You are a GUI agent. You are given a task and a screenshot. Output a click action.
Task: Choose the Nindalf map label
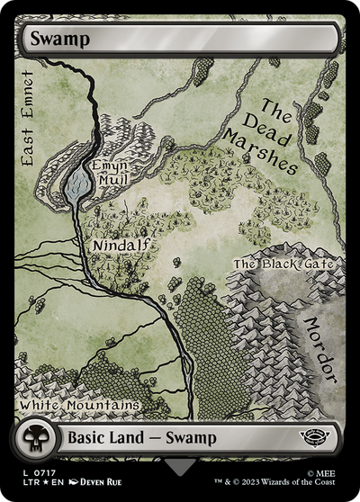pyautogui.click(x=121, y=244)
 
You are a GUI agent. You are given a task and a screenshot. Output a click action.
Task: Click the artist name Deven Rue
pyautogui.click(x=106, y=482)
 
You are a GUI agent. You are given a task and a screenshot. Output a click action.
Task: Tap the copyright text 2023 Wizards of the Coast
pyautogui.click(x=292, y=482)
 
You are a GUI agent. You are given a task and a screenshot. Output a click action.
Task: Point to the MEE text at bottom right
pyautogui.click(x=328, y=471)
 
